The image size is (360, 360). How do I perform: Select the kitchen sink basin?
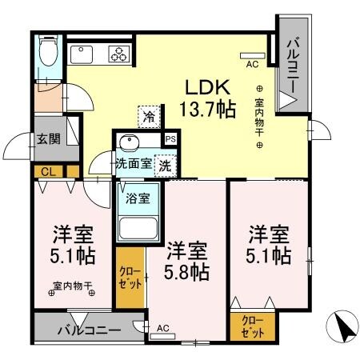[x=82, y=55]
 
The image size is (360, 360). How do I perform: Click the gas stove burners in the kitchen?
[x=118, y=54]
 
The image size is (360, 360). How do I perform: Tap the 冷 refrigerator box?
[x=149, y=117]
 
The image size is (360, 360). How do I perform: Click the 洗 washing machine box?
[x=164, y=166]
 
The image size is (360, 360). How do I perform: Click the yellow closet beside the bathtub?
[x=130, y=280]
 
